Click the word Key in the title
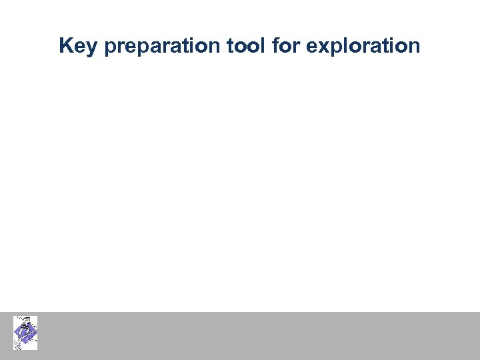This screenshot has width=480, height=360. [x=77, y=46]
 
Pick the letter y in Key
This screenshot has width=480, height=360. [x=91, y=48]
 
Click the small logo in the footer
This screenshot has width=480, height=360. [x=25, y=333]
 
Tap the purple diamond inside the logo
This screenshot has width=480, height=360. [x=27, y=333]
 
